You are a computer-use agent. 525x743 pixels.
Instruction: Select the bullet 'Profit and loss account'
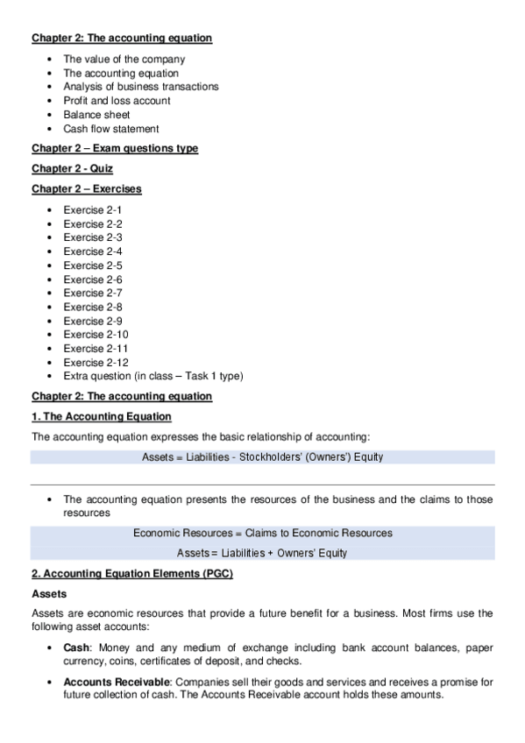click(117, 101)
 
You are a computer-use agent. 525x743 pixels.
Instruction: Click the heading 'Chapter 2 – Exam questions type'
click(115, 148)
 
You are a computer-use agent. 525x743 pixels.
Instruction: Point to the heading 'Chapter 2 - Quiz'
click(72, 168)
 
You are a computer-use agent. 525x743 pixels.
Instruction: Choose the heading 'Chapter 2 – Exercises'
click(87, 188)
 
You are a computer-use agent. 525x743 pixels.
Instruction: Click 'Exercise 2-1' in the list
click(92, 210)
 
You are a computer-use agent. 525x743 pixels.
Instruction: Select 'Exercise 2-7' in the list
click(92, 293)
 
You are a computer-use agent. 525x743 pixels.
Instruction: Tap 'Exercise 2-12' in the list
click(96, 362)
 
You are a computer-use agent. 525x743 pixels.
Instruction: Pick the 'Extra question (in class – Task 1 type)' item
click(153, 376)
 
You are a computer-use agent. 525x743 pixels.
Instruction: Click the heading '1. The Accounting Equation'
click(102, 416)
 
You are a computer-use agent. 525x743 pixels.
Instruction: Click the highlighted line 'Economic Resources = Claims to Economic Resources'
click(262, 533)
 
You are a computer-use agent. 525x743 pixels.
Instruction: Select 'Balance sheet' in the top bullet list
click(96, 115)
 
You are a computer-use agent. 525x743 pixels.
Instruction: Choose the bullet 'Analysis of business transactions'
click(140, 87)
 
